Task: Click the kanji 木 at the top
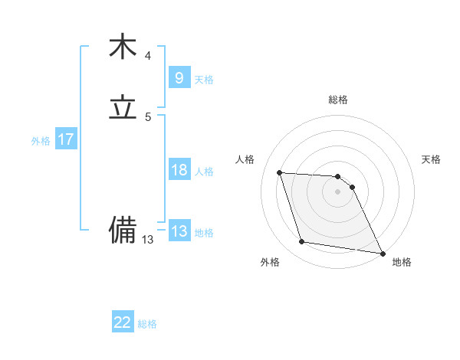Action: (x=123, y=47)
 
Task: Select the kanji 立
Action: (x=123, y=108)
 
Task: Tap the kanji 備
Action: (x=123, y=229)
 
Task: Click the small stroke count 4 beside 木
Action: (x=148, y=56)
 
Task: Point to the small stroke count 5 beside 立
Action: (x=148, y=117)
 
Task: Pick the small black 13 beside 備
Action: (x=148, y=240)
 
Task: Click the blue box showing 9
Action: (x=179, y=77)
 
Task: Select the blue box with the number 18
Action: (x=179, y=170)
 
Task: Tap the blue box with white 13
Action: (x=179, y=231)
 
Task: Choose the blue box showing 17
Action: (x=65, y=139)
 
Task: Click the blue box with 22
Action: (x=122, y=322)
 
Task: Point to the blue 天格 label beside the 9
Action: (x=204, y=79)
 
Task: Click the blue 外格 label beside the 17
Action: (x=41, y=141)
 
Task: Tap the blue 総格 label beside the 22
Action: (x=147, y=324)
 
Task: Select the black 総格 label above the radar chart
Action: (x=338, y=100)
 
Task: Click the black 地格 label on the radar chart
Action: (x=402, y=262)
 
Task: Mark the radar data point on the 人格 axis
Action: (x=280, y=172)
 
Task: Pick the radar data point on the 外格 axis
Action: (x=302, y=242)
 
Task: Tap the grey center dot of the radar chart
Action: (x=338, y=191)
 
